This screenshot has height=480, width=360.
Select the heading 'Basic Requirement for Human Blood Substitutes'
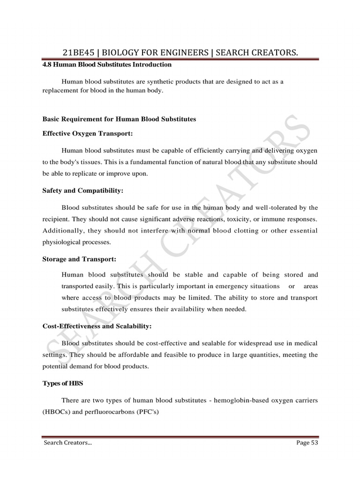click(119, 119)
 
